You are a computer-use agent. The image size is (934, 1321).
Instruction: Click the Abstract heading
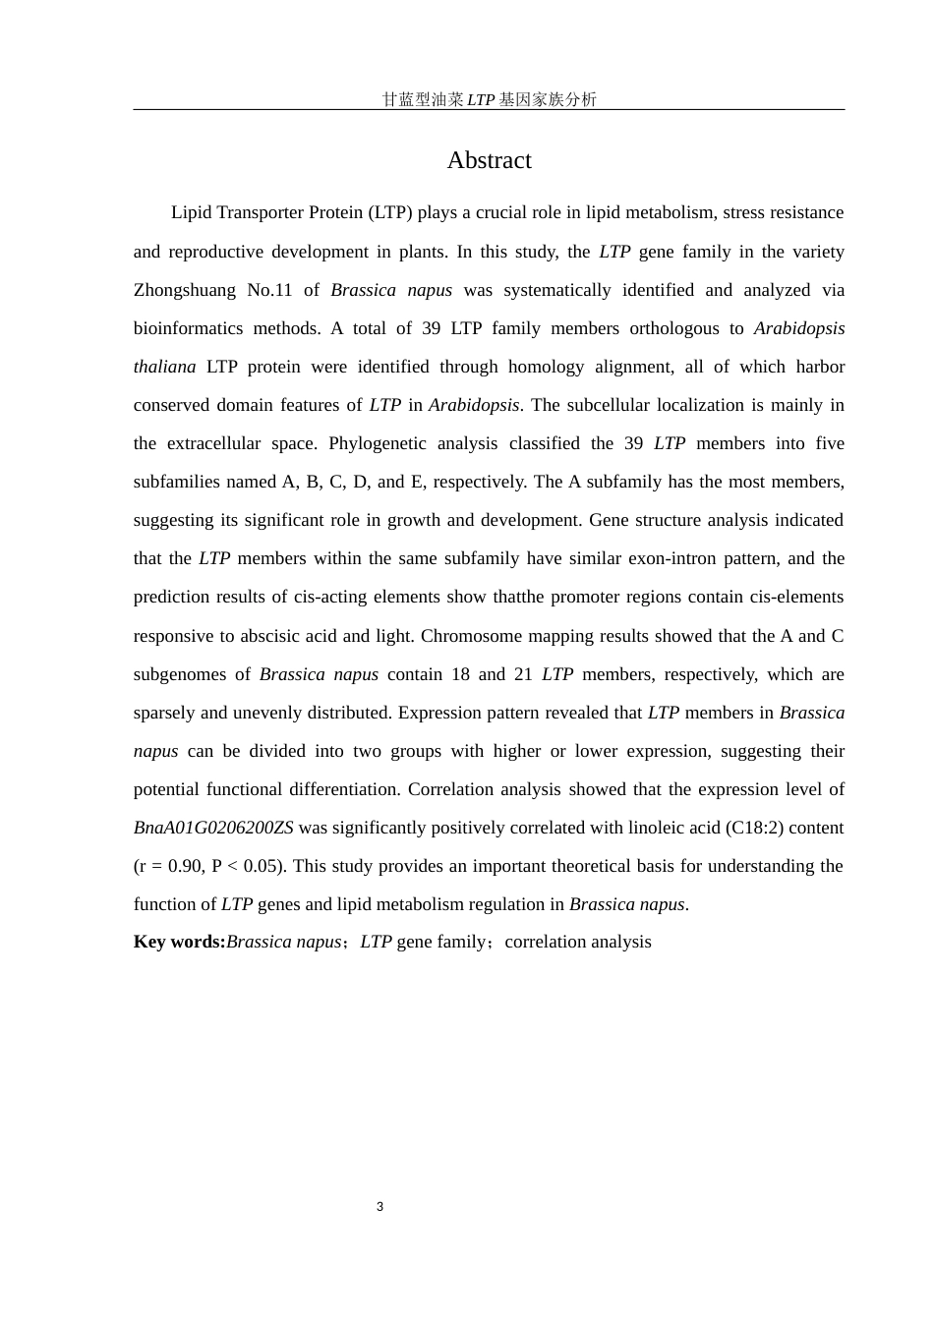coord(489,160)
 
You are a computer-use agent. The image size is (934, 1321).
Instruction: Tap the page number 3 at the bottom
coord(379,1206)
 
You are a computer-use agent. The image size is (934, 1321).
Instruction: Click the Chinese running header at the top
coord(489,99)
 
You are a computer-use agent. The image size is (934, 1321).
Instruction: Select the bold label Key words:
coord(179,942)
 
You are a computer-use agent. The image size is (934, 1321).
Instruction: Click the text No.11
coord(269,290)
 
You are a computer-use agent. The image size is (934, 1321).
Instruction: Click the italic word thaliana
coord(164,367)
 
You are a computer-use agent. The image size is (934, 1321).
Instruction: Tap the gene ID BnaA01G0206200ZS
coord(213,828)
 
